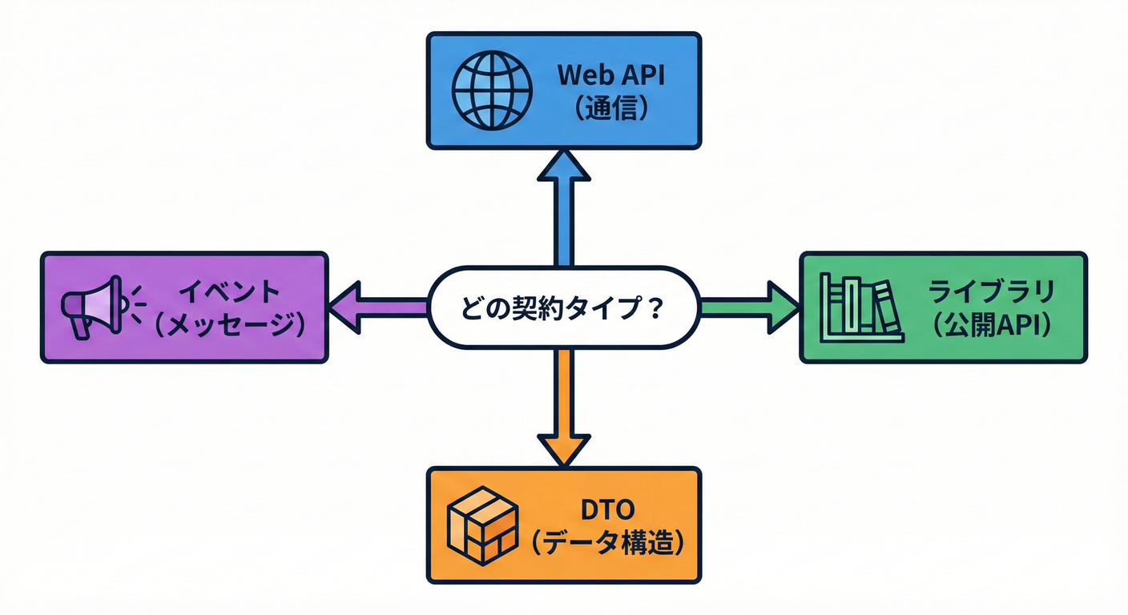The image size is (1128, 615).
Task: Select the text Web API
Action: (x=611, y=74)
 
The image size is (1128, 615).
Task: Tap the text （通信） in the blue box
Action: (x=611, y=109)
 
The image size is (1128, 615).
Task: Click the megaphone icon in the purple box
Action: (x=92, y=307)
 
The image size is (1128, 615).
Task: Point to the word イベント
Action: (x=229, y=291)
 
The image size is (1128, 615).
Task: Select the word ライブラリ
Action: (x=990, y=291)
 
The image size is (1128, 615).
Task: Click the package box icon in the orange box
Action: (x=482, y=525)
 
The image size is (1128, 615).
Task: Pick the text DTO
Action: (x=610, y=509)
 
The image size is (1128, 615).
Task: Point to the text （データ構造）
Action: (x=610, y=545)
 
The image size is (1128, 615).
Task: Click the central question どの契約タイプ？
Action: (x=563, y=307)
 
